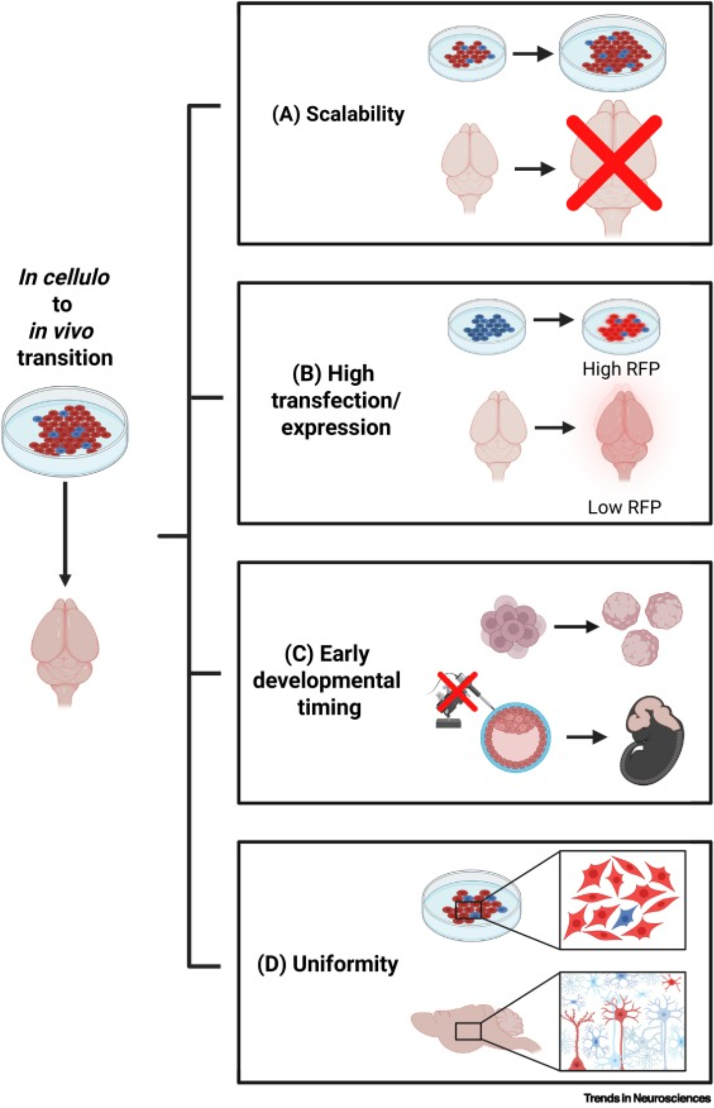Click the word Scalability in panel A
point(355,114)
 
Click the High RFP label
point(621,369)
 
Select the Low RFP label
point(624,507)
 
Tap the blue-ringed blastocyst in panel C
point(515,738)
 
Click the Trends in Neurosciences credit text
point(646,1097)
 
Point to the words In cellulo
point(64,277)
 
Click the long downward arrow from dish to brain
point(65,534)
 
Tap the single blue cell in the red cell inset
point(625,918)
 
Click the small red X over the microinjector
point(457,690)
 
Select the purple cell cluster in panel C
point(512,627)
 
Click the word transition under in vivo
point(65,357)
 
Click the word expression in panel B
point(336,428)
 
